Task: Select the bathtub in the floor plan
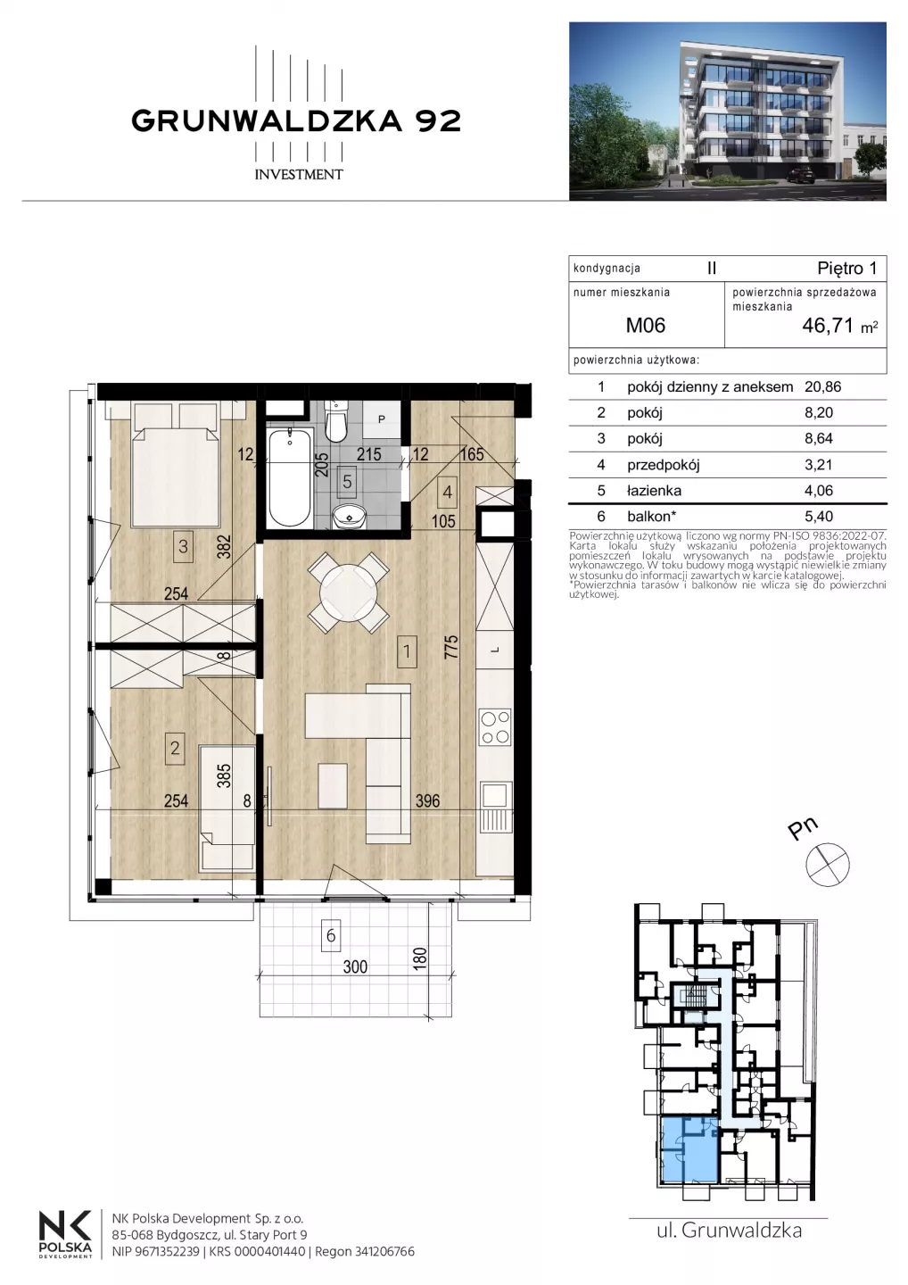pos(290,477)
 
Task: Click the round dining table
pos(349,592)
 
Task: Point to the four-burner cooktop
pos(495,727)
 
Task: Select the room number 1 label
pos(407,651)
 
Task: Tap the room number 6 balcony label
pos(331,935)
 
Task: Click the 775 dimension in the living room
pos(451,646)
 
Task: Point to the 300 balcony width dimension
pos(355,966)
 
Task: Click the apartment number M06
pos(646,325)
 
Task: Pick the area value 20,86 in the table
pos(822,386)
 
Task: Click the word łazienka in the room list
pos(654,491)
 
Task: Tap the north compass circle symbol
pos(828,865)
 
